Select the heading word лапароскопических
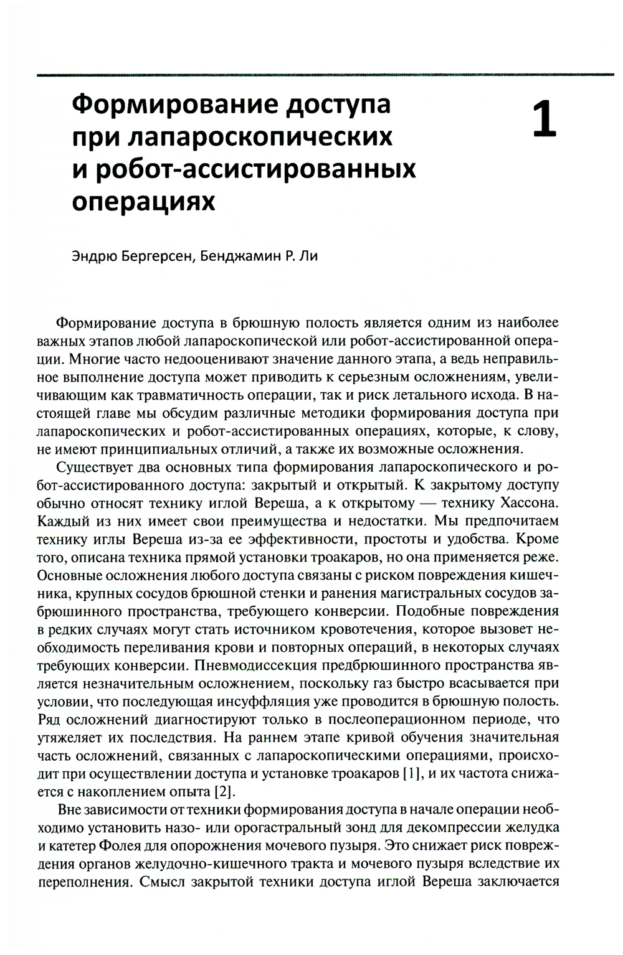(260, 136)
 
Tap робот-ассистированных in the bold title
(260, 169)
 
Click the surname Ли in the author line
(310, 256)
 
